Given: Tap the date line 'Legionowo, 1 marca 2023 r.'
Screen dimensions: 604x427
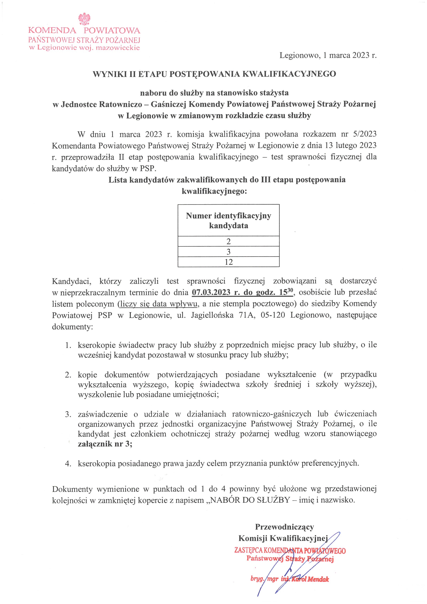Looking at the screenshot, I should pyautogui.click(x=328, y=55).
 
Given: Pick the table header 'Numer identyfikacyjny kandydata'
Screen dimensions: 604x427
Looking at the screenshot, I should pyautogui.click(x=228, y=220).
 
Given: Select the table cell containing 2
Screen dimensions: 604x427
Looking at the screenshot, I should pyautogui.click(x=228, y=241).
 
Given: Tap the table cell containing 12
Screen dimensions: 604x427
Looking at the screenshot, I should pyautogui.click(x=228, y=262).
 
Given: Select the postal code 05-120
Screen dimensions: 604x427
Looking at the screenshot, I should pyautogui.click(x=273, y=315).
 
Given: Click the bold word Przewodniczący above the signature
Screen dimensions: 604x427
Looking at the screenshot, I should pyautogui.click(x=284, y=527).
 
